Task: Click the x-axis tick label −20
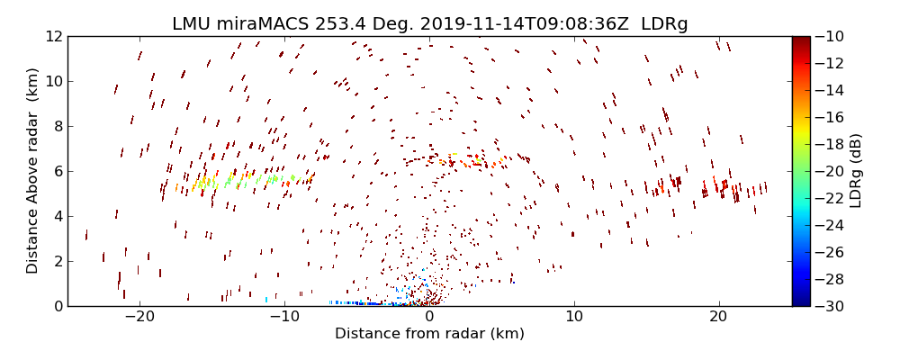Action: [139, 318]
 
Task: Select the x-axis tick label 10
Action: [574, 318]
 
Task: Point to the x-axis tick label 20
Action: [718, 318]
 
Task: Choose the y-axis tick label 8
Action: [56, 127]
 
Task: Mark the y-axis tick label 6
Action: [56, 172]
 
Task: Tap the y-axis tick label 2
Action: [56, 262]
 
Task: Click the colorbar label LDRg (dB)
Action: [856, 171]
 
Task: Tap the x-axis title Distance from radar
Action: [429, 334]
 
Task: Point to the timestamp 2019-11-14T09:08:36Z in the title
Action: [515, 24]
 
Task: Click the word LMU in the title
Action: [190, 24]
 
